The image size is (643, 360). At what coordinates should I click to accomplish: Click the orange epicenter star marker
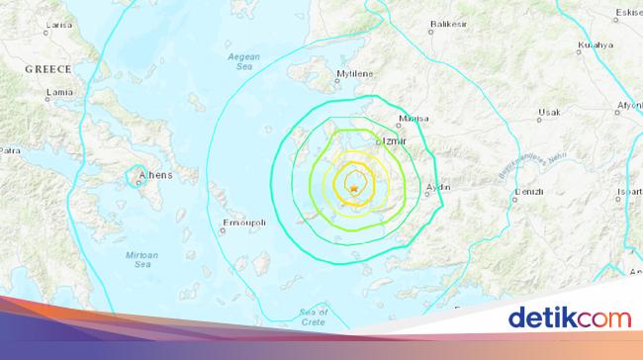tap(352, 188)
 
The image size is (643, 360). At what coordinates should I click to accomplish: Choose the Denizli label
tap(525, 193)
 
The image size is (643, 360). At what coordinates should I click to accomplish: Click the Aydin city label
tap(437, 187)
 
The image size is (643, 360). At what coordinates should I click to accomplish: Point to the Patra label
tap(10, 151)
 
